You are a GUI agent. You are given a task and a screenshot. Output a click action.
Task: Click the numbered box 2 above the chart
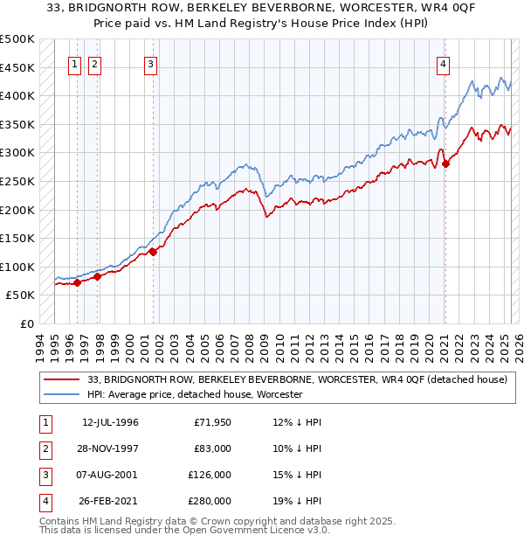(x=94, y=63)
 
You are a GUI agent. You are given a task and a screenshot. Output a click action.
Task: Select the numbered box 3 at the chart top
(x=151, y=63)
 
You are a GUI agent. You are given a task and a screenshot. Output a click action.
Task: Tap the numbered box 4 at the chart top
(x=444, y=63)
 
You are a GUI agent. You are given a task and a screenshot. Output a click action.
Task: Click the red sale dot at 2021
(x=445, y=163)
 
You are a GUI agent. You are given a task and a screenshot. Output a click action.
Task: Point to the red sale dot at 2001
(x=153, y=252)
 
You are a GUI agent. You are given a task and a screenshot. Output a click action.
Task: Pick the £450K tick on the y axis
(x=17, y=67)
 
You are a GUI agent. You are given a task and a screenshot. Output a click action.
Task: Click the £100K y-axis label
(x=17, y=267)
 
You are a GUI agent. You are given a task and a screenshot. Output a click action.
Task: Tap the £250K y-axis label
(x=17, y=181)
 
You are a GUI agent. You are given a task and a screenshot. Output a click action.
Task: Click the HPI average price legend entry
(x=194, y=394)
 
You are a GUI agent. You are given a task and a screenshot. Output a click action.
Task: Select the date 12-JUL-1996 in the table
(x=110, y=422)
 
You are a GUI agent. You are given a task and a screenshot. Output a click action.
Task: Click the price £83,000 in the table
(x=212, y=448)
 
